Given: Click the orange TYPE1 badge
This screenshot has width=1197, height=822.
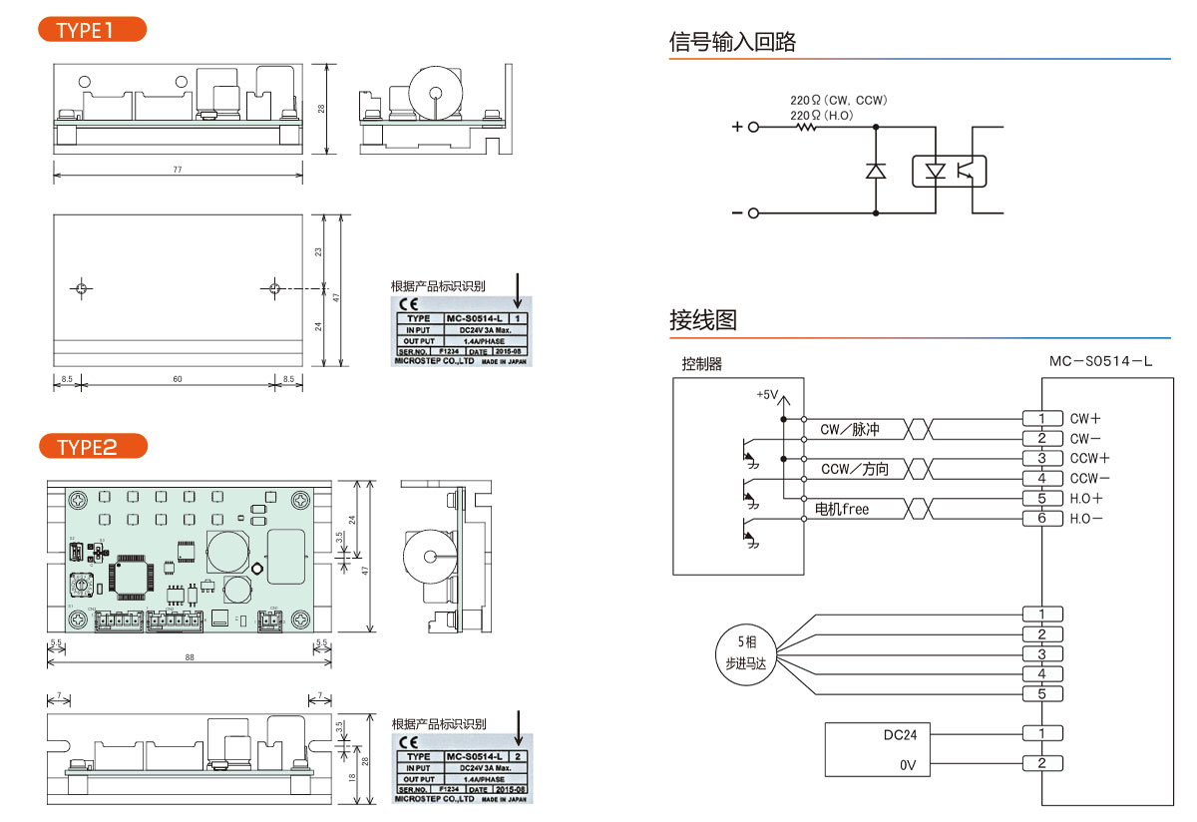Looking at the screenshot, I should tap(91, 29).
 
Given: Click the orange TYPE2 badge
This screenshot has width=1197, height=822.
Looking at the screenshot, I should tap(91, 446).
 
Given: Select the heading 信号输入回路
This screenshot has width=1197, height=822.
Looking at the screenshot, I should tap(733, 42).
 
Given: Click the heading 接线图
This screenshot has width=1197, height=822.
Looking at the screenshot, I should tap(703, 320).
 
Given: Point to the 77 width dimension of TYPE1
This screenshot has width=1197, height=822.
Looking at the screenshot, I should tap(178, 170).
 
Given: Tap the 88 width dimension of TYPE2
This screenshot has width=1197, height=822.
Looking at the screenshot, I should tap(189, 656).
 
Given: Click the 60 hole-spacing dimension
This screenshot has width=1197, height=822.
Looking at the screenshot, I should tap(178, 379).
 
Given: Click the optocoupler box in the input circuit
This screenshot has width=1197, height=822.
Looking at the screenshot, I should tap(950, 171).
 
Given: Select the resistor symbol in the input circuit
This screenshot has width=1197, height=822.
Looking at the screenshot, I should tap(805, 127).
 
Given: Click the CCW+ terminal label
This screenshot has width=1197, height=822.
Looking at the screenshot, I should tap(1089, 459).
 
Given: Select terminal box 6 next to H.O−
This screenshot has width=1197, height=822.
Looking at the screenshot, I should tap(1041, 519).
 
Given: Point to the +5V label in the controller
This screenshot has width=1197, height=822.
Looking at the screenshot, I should tap(766, 394).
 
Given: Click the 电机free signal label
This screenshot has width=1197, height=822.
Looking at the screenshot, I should tap(842, 509).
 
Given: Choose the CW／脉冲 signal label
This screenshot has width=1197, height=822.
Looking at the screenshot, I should tap(850, 429).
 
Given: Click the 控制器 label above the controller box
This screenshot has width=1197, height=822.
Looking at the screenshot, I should tap(701, 364).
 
